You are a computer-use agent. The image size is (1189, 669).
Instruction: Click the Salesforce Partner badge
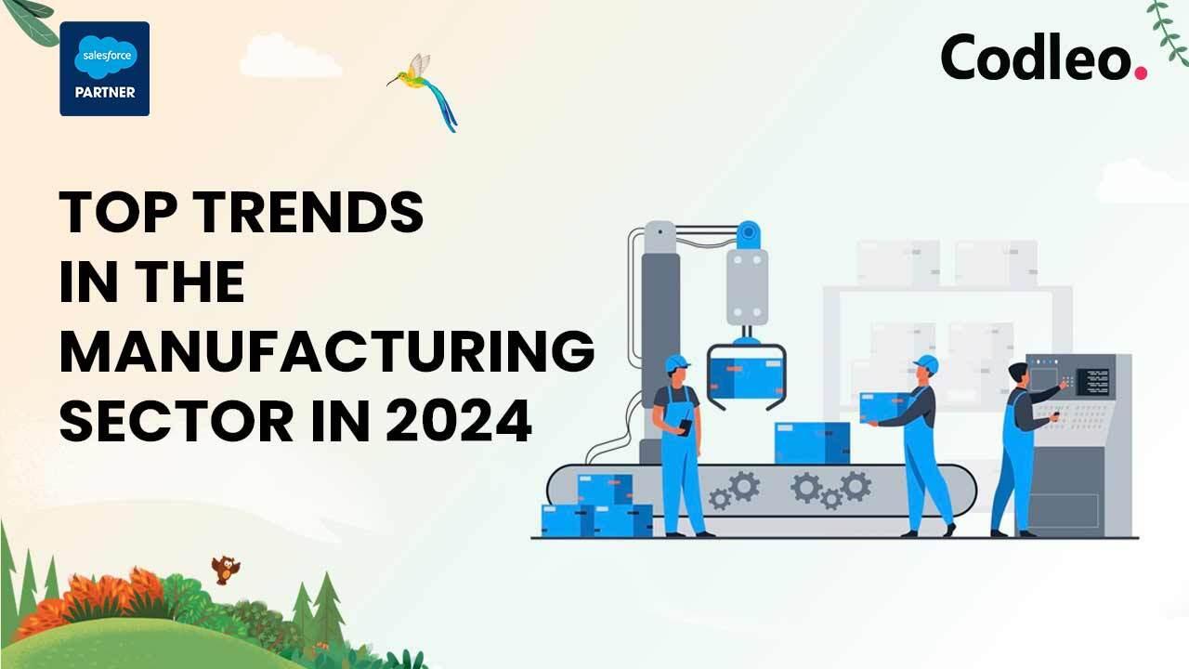tap(105, 69)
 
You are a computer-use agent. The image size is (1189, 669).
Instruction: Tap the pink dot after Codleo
tap(1141, 73)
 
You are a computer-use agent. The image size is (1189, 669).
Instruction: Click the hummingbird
tap(423, 91)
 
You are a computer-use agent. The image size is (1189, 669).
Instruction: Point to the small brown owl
tap(225, 570)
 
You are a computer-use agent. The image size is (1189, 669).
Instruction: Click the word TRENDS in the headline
tap(311, 212)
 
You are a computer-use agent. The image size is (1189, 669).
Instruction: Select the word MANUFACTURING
tap(327, 351)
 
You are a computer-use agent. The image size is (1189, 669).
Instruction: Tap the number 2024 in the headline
tap(459, 421)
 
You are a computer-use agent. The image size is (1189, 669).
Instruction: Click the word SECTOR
tap(176, 421)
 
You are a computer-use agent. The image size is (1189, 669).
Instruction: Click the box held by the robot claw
tap(746, 377)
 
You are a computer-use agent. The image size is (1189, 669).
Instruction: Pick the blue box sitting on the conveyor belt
tap(812, 443)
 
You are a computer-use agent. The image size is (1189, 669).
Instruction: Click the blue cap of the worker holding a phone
tap(676, 363)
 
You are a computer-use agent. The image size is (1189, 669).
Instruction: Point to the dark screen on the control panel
tap(1092, 382)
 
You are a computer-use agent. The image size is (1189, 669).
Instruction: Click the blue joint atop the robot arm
tap(749, 235)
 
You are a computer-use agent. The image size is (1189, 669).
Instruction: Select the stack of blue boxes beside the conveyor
tap(596, 506)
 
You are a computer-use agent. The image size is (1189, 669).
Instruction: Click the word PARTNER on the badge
tap(105, 92)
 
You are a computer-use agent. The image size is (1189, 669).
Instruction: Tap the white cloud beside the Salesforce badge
tap(291, 56)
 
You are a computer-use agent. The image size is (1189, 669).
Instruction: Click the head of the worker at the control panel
tap(1018, 374)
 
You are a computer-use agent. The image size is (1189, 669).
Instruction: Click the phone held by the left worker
tap(686, 426)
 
